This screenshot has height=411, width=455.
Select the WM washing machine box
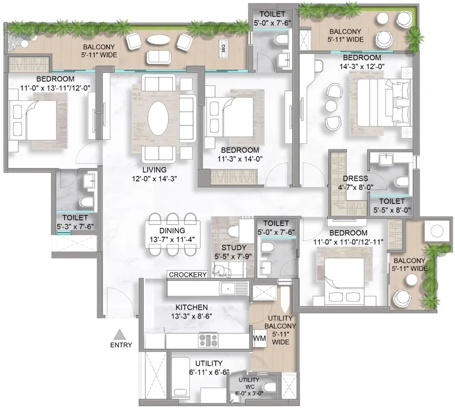point(260,339)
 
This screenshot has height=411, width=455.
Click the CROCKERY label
point(188,275)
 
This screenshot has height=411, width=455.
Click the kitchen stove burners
point(208,340)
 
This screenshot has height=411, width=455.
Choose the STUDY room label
point(234,248)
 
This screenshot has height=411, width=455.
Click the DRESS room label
point(355,179)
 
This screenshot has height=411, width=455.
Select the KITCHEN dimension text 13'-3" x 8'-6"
point(192,316)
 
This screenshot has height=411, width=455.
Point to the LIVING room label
point(155,170)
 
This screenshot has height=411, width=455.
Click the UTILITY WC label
point(249,383)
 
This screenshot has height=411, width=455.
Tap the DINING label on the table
point(172,231)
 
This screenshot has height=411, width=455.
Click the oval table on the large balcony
point(158,40)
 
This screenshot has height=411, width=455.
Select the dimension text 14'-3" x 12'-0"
point(362,66)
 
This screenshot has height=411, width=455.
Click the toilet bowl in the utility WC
point(269,387)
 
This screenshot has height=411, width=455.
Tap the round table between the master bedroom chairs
point(331,106)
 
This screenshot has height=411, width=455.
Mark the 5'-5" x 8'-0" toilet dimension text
point(392,210)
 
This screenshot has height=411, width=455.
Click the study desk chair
point(233,231)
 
